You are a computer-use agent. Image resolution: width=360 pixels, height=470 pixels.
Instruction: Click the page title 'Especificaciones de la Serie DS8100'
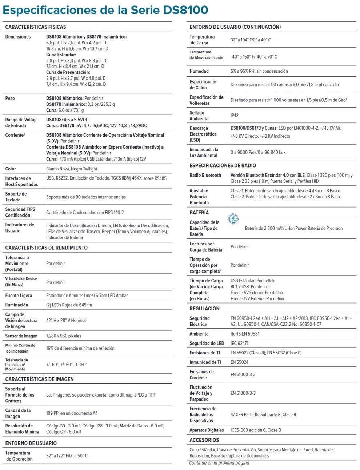point(105,10)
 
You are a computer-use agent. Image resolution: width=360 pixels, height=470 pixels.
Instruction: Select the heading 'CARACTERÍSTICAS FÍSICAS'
point(36,27)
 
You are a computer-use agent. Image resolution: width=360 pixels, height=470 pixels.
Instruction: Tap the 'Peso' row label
point(10,98)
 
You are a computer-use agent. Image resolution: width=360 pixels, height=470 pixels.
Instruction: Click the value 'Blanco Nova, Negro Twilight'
point(72,169)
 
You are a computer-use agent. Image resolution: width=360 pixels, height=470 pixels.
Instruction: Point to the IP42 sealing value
point(235,116)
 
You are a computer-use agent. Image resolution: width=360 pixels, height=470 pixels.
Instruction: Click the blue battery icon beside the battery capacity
point(233,219)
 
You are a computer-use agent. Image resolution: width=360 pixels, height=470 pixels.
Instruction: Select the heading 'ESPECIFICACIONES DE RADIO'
point(223,165)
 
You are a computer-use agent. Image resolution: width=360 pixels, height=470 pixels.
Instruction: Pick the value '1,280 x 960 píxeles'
point(64,336)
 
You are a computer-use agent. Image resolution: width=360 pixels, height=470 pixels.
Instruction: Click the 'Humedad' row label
point(199,71)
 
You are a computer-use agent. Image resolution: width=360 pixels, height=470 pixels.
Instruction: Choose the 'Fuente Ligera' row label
point(19,296)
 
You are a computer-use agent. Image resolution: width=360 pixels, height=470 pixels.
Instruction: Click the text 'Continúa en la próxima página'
point(219,463)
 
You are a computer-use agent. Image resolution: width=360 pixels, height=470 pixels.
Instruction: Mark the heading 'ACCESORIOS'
point(204,440)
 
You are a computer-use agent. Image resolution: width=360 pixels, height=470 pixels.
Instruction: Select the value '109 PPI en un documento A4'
point(72,413)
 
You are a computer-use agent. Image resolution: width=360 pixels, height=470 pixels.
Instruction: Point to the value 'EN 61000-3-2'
point(243,374)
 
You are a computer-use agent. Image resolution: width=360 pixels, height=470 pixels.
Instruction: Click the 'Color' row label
point(11,169)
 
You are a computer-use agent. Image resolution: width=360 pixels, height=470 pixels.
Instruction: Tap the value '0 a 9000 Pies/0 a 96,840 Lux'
point(258,152)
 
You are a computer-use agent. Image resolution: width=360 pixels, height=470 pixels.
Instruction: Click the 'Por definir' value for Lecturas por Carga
point(240,246)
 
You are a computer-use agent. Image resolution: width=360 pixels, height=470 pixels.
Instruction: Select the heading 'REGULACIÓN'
point(204,308)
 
